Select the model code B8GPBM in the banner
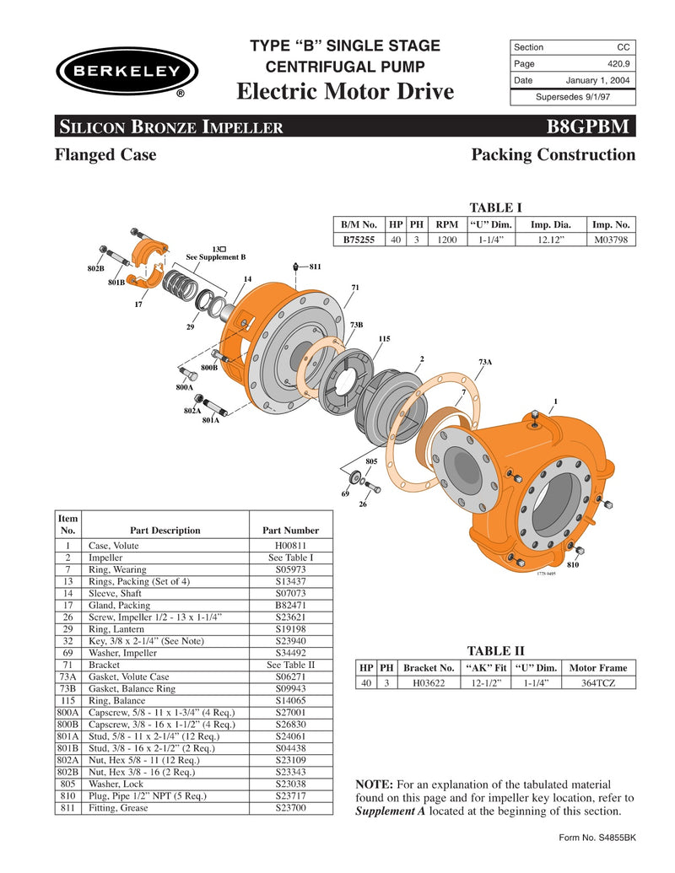pyautogui.click(x=588, y=127)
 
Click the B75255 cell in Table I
pyautogui.click(x=359, y=240)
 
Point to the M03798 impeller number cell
pyautogui.click(x=611, y=240)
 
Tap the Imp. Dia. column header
pyautogui.click(x=550, y=224)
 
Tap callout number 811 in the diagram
pyautogui.click(x=315, y=267)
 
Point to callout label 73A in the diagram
pyautogui.click(x=485, y=362)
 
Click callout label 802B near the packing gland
pyautogui.click(x=94, y=268)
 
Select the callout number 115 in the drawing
pyautogui.click(x=384, y=338)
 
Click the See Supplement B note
pyautogui.click(x=216, y=256)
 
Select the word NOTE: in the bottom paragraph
pyautogui.click(x=375, y=784)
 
